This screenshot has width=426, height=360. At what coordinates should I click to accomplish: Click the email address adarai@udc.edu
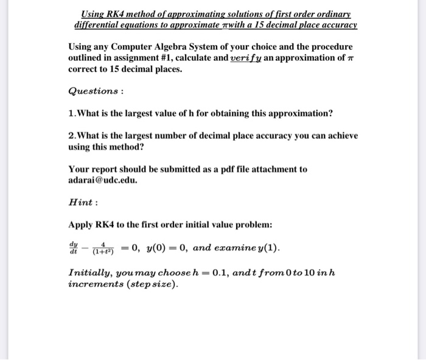pyautogui.click(x=103, y=180)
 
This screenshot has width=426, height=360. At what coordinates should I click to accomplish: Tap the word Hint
pyautogui.click(x=82, y=203)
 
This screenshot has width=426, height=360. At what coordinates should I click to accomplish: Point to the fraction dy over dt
pyautogui.click(x=74, y=248)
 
